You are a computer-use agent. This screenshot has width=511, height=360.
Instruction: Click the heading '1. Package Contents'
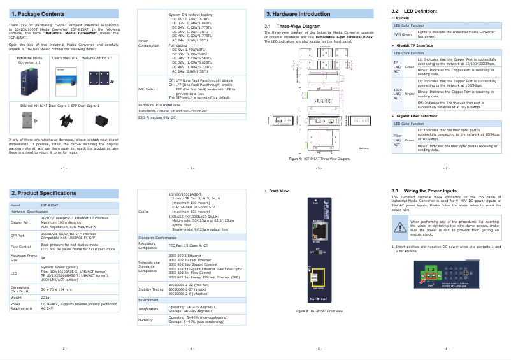tap(38, 13)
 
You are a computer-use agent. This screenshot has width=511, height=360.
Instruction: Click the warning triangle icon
tap(399, 227)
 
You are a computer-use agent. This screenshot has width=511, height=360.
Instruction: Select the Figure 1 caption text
tap(319, 158)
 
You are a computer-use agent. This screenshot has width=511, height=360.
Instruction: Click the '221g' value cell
tap(45, 298)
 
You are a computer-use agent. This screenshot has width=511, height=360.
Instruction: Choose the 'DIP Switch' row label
tap(147, 90)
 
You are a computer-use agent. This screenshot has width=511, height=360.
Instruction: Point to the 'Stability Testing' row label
tap(151, 289)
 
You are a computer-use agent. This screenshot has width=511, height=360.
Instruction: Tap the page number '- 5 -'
tap(319, 168)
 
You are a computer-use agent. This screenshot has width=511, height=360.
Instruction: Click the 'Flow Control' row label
tap(21, 245)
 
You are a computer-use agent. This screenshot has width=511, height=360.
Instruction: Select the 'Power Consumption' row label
tap(148, 43)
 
